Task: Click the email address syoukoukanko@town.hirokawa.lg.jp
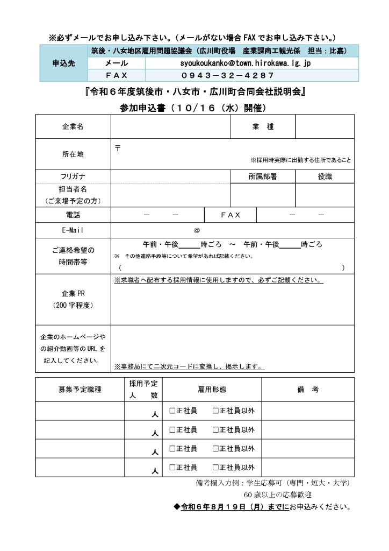coord(246,63)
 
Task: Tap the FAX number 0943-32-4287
coord(228,75)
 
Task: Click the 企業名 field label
coord(73,127)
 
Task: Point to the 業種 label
coord(263,127)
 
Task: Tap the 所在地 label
coord(73,154)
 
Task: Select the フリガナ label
coord(73,176)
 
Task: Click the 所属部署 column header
coord(263,176)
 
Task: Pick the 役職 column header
coord(325,176)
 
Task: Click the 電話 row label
coord(73,215)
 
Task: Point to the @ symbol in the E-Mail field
coord(197,230)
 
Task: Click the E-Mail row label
coord(73,230)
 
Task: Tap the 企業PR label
coord(73,294)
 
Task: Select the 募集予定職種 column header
coord(80,389)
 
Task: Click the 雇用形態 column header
coord(212,389)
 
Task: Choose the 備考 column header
coord(308,389)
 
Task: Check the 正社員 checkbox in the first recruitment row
coord(172,411)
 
